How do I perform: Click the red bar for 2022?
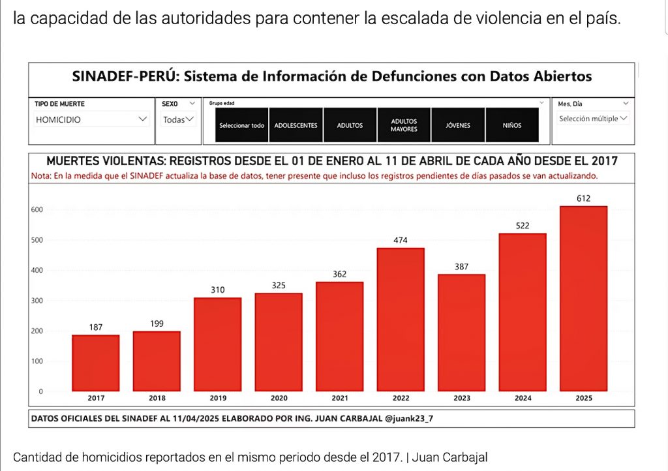(x=400, y=319)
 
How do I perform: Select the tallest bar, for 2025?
(x=583, y=298)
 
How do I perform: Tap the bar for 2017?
(x=95, y=363)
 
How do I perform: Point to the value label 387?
(x=461, y=267)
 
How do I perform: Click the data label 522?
(x=522, y=226)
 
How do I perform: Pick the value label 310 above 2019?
(x=217, y=289)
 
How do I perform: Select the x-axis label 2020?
(x=279, y=398)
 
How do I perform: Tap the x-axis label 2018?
(x=157, y=398)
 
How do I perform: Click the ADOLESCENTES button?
(x=296, y=125)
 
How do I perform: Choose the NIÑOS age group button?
(x=511, y=125)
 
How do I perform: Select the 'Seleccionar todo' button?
(x=241, y=125)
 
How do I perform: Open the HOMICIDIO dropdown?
(x=91, y=120)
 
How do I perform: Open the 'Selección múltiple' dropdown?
(x=592, y=119)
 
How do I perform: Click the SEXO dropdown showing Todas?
(x=178, y=120)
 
